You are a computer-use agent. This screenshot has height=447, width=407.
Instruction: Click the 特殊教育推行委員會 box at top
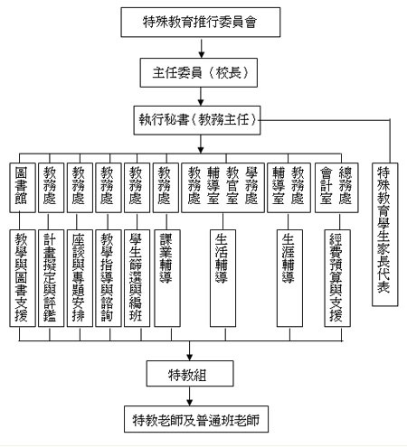[x=201, y=23]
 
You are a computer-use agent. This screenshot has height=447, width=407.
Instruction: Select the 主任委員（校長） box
[x=199, y=72]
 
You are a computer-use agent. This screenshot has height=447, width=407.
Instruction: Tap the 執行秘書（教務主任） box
[x=197, y=120]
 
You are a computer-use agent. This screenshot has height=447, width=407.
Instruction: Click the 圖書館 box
[x=23, y=188]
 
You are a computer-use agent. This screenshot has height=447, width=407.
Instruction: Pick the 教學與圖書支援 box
[x=23, y=278]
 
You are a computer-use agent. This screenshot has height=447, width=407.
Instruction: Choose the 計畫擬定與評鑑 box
[x=51, y=278]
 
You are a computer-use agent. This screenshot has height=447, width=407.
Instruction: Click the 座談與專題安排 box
[x=80, y=278]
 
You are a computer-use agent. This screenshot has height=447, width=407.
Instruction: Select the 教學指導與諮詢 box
[x=109, y=278]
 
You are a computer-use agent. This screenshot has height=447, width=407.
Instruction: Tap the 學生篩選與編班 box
[x=137, y=278]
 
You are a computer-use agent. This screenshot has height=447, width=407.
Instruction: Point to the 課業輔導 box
[x=167, y=278]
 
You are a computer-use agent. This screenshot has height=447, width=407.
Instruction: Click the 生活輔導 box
[x=222, y=278]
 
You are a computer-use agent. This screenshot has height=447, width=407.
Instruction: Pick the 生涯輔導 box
[x=289, y=278]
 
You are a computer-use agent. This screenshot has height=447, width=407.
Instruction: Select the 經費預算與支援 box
[x=337, y=278]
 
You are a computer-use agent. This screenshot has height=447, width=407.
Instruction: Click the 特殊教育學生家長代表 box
[x=385, y=235]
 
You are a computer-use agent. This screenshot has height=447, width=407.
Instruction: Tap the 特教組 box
[x=190, y=374]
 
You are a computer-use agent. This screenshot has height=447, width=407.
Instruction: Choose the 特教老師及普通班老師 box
[x=196, y=419]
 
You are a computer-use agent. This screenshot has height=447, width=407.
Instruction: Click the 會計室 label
[x=327, y=185]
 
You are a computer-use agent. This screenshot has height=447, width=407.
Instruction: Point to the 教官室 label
[x=232, y=185]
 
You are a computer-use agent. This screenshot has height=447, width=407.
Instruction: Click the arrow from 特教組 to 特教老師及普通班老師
[x=189, y=396]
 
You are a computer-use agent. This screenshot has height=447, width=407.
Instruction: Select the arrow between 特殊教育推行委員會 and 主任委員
[x=201, y=48]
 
